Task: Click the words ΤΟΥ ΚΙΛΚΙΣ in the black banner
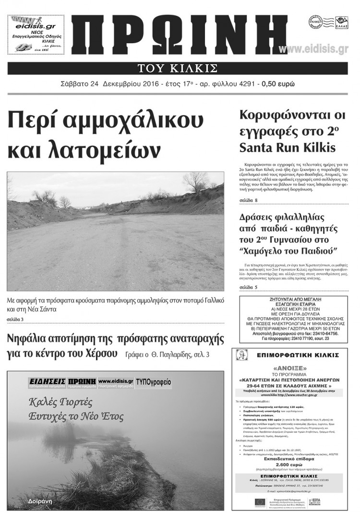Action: (x=178, y=68)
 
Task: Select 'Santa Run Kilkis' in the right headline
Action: (x=287, y=146)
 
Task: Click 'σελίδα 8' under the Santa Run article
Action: (x=248, y=200)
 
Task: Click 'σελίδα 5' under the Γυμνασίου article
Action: (x=248, y=287)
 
